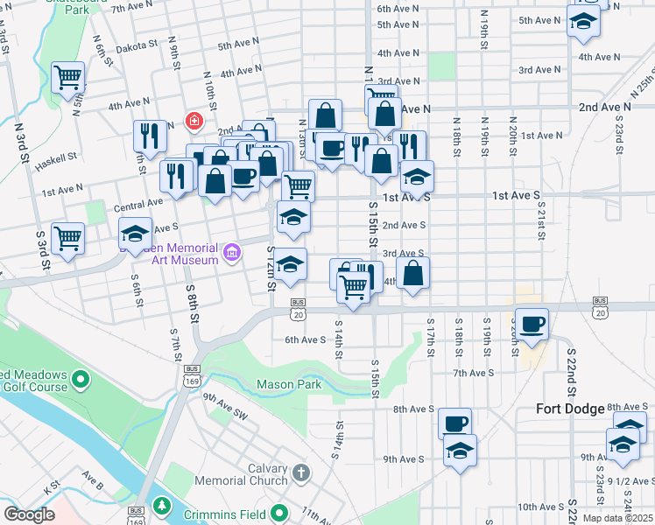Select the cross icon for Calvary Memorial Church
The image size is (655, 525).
[x=301, y=473]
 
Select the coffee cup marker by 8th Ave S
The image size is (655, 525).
[x=454, y=423]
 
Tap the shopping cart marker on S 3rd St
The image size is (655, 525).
[x=67, y=237]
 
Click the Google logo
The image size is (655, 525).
[x=30, y=514]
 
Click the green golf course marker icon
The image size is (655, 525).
[x=81, y=379]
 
